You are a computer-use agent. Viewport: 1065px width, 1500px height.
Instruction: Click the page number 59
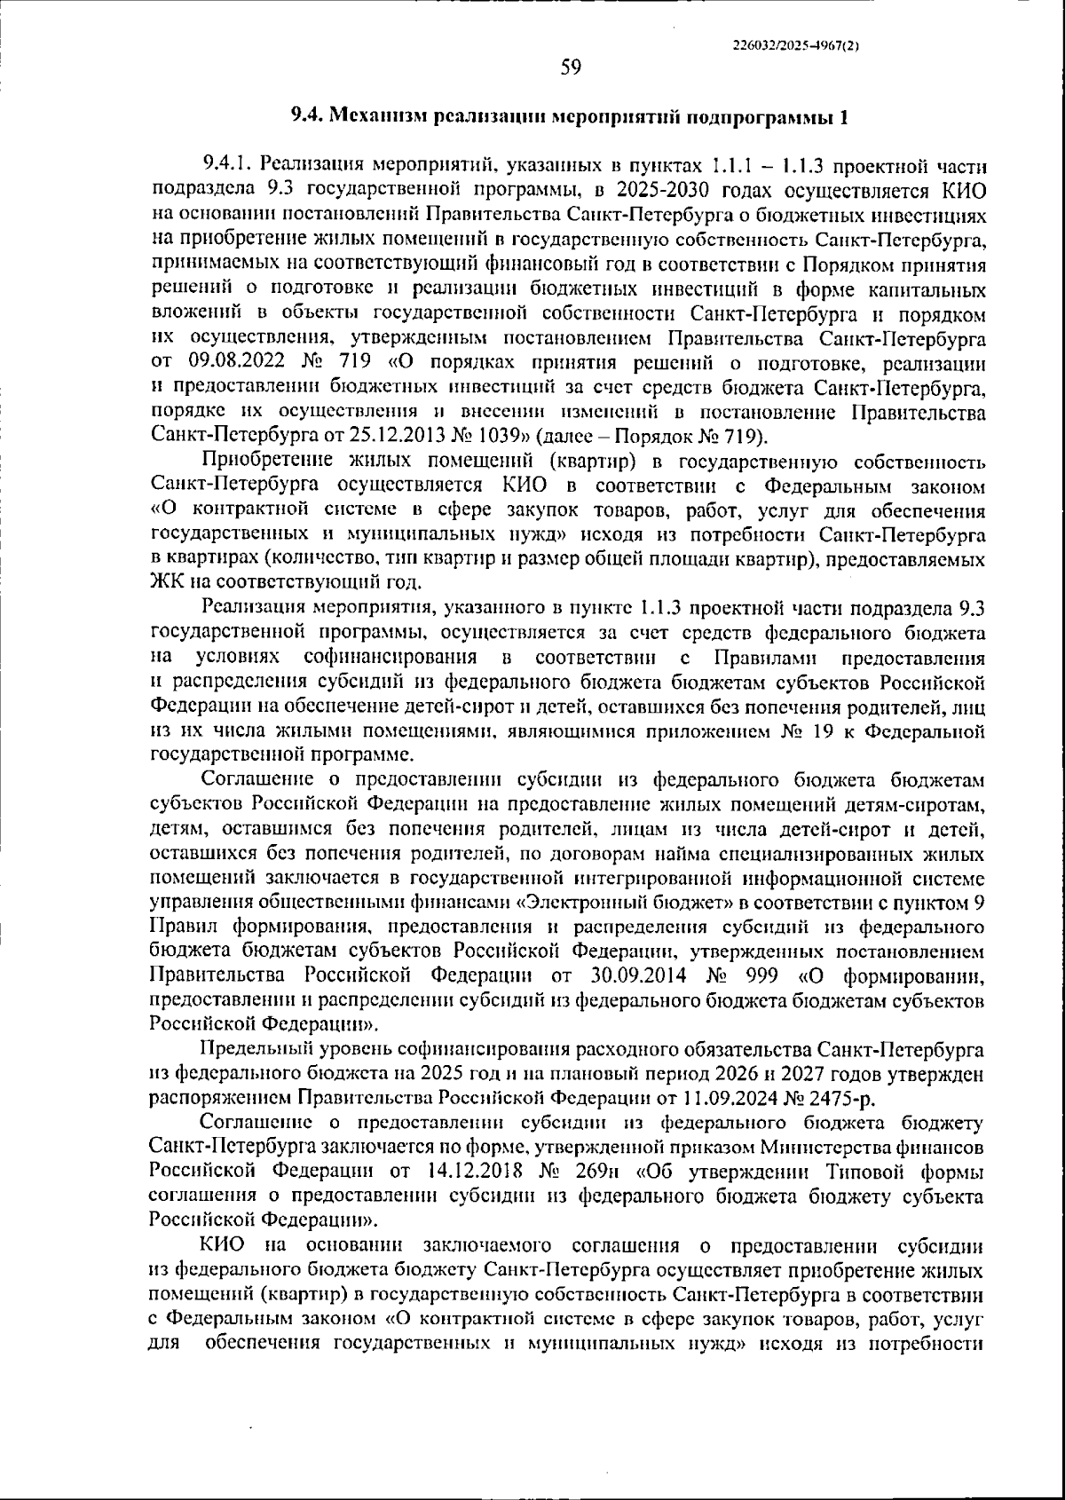(571, 67)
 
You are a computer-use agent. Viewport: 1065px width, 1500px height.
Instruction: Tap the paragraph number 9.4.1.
(227, 165)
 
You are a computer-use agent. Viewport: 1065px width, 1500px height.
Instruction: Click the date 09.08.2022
(232, 363)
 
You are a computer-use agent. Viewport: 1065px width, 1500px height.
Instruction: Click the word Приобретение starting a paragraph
(266, 462)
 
